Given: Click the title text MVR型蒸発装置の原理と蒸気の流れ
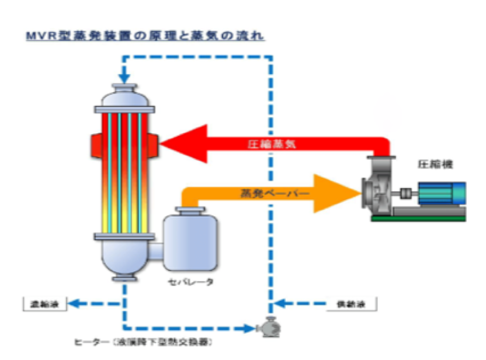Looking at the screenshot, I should [145, 36].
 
